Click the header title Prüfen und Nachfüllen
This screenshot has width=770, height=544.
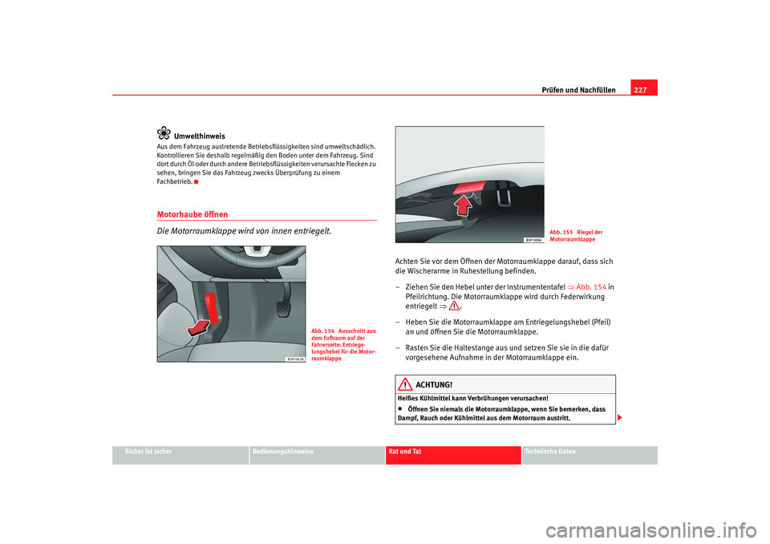pyautogui.click(x=580, y=90)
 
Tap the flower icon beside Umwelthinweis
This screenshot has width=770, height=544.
pyautogui.click(x=164, y=134)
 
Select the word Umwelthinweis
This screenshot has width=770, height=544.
pyautogui.click(x=200, y=136)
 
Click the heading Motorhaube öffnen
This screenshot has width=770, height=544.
pyautogui.click(x=192, y=214)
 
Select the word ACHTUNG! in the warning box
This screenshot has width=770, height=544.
pyautogui.click(x=434, y=385)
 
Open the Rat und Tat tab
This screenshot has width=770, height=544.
pyautogui.click(x=404, y=452)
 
